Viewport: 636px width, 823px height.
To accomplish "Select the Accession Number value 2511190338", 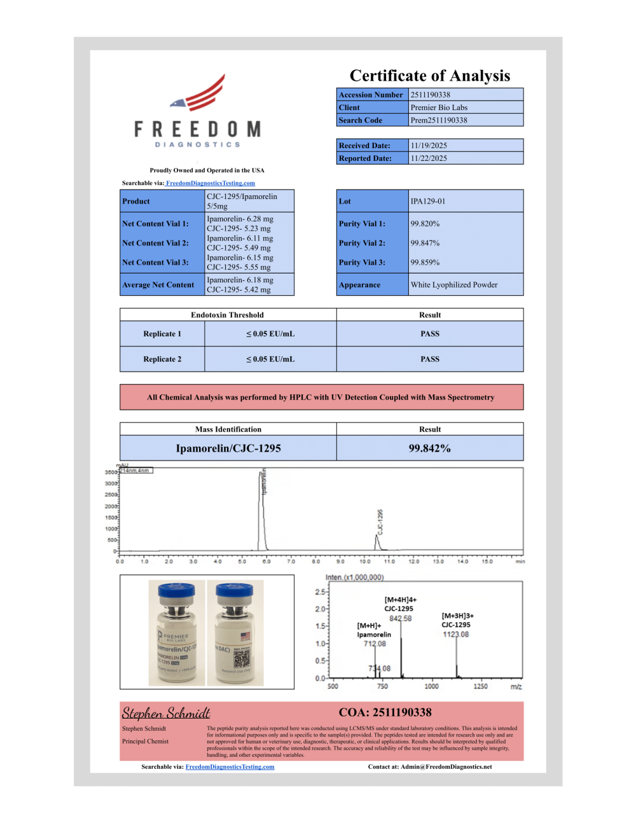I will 431,95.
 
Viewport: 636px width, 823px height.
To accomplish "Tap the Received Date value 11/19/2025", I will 429,146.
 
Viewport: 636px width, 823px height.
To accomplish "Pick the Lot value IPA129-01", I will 428,201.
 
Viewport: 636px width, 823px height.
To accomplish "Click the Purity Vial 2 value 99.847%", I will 425,243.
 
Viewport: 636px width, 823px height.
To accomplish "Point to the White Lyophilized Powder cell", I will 454,285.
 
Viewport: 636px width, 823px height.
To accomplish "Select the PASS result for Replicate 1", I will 430,334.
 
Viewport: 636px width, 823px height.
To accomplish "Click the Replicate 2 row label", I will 162,359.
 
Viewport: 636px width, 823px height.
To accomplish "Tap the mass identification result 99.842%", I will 430,448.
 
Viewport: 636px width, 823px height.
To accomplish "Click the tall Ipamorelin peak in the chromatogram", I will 262,509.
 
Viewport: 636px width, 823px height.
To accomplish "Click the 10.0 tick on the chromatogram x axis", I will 365,562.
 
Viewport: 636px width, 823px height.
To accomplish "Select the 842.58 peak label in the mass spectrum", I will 401,618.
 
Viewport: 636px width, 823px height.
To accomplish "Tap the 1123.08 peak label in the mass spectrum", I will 456,634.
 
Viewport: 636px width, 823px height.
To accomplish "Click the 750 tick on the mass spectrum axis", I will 382,686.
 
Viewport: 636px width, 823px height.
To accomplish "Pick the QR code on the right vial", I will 242,656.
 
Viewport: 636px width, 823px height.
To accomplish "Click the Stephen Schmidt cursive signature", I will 166,713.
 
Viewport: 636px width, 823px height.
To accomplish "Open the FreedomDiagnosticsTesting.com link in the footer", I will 230,767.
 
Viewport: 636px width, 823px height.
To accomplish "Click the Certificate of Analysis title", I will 430,76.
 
